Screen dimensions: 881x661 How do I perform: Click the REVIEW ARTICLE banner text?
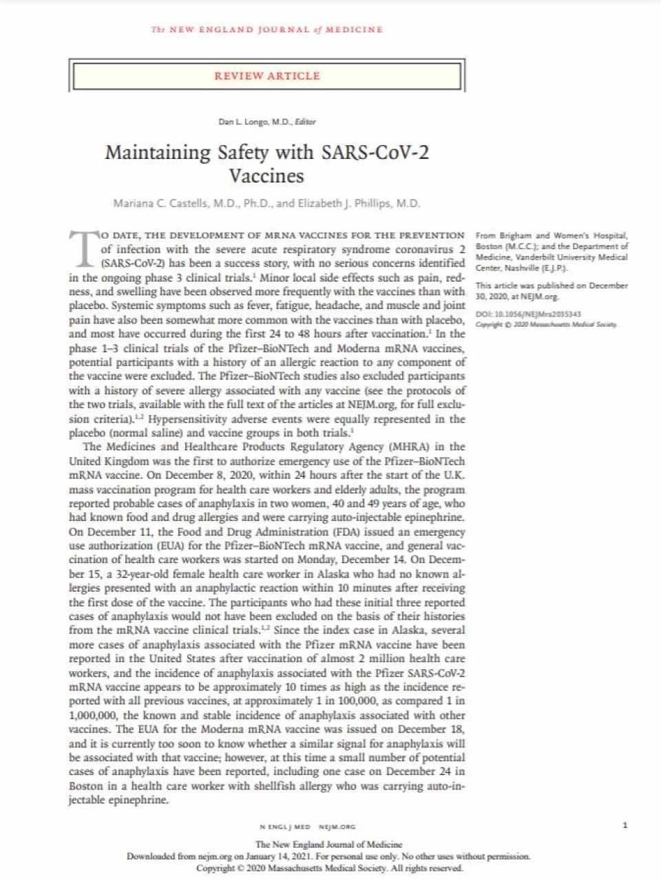pos(267,76)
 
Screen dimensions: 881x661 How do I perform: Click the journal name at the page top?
pos(267,30)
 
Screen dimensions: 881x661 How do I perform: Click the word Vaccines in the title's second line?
pos(266,176)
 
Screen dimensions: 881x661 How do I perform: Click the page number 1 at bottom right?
pos(625,825)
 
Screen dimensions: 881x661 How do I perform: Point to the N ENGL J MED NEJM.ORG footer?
pos(308,826)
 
